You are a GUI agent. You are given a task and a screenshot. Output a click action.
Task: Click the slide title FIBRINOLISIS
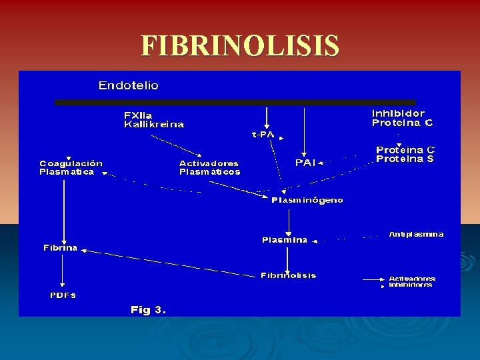(x=240, y=47)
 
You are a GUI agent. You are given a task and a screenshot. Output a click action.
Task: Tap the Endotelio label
(x=129, y=85)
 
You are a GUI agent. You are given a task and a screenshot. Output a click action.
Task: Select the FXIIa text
(x=138, y=115)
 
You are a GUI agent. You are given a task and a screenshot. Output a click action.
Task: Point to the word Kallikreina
(x=154, y=125)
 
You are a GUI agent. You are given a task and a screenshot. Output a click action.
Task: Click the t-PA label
(x=263, y=135)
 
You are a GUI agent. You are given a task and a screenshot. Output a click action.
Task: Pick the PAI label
(x=305, y=162)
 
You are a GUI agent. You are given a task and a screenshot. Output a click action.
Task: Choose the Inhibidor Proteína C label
(x=402, y=118)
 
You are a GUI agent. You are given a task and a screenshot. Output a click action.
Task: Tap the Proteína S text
(x=405, y=159)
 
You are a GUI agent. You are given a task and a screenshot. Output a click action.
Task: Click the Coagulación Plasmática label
(x=71, y=167)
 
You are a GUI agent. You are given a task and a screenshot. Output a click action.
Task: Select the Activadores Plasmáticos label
(x=209, y=167)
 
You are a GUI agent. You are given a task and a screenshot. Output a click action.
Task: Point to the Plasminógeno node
(x=307, y=200)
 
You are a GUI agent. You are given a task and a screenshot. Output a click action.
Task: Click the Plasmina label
(x=285, y=240)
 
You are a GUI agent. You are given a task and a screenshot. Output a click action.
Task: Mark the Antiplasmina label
(x=416, y=235)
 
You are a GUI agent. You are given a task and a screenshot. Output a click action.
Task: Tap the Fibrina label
(x=61, y=248)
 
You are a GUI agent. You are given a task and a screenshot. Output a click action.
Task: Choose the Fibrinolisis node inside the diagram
(x=288, y=275)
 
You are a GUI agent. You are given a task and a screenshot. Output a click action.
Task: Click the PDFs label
(x=63, y=295)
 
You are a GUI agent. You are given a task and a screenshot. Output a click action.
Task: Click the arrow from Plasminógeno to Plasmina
(x=288, y=220)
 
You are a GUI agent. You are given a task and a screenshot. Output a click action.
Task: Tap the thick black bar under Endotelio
(x=235, y=103)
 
